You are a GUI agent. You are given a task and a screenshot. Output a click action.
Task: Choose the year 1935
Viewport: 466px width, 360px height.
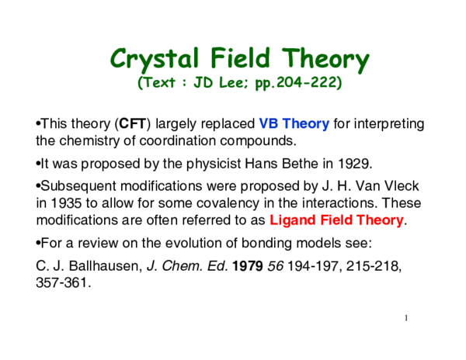(x=65, y=203)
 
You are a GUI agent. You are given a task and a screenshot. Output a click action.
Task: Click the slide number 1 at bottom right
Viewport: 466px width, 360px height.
(x=405, y=318)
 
